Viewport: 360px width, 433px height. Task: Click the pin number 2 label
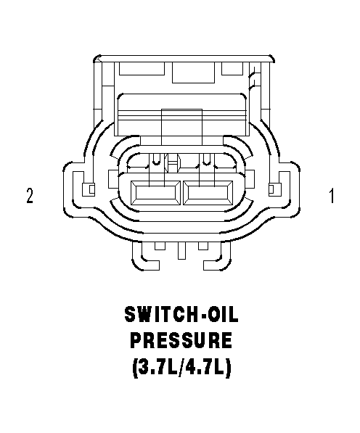(x=30, y=196)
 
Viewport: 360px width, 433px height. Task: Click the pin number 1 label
(x=332, y=196)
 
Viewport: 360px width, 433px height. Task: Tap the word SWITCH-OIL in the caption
(x=181, y=315)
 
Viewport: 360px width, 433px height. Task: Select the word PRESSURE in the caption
(x=181, y=340)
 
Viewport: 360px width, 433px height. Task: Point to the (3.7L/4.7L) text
(x=181, y=367)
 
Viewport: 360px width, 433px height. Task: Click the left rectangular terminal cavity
(x=155, y=193)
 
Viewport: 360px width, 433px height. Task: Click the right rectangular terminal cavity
(x=208, y=193)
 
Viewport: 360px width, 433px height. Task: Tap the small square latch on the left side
(x=89, y=189)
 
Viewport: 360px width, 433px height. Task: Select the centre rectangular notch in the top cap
(x=193, y=73)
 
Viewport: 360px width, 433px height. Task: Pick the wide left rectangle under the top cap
(x=142, y=68)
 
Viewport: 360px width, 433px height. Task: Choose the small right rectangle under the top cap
(x=232, y=68)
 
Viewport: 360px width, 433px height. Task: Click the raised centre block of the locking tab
(x=181, y=127)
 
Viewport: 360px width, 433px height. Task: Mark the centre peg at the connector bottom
(x=181, y=251)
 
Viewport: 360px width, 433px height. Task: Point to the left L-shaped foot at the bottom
(x=146, y=257)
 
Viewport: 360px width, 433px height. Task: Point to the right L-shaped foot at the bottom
(x=217, y=257)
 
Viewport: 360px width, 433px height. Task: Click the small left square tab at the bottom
(x=160, y=246)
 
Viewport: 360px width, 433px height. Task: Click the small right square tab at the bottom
(x=203, y=246)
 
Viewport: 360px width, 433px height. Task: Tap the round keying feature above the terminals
(x=172, y=163)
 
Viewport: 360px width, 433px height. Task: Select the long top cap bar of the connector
(x=184, y=59)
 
